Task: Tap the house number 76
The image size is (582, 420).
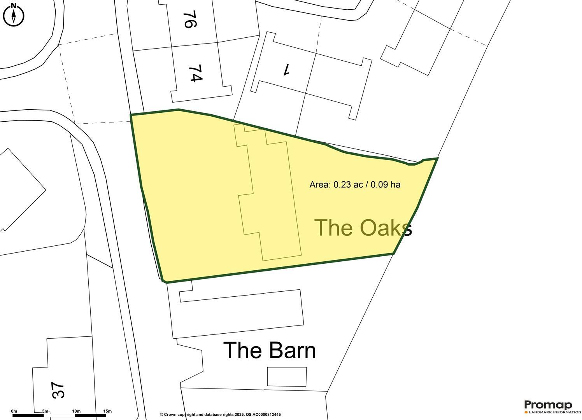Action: click(x=188, y=20)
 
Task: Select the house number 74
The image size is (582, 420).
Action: click(x=196, y=73)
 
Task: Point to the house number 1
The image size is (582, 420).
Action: click(x=287, y=69)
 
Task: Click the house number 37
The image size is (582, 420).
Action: click(x=58, y=390)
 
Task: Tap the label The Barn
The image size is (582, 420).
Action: click(x=269, y=350)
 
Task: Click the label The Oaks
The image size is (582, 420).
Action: click(x=363, y=227)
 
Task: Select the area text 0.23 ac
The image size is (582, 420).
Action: click(x=348, y=185)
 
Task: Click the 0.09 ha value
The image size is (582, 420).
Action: click(x=385, y=185)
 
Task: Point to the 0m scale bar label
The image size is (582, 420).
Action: click(x=14, y=411)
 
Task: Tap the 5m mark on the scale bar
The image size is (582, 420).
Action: click(x=45, y=411)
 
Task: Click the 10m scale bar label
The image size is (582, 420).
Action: click(x=76, y=411)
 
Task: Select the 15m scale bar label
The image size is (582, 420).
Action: click(x=107, y=411)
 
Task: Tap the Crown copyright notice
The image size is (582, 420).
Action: click(x=220, y=415)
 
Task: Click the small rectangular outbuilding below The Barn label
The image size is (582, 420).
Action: click(x=287, y=377)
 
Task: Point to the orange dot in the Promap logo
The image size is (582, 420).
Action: click(x=526, y=412)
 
